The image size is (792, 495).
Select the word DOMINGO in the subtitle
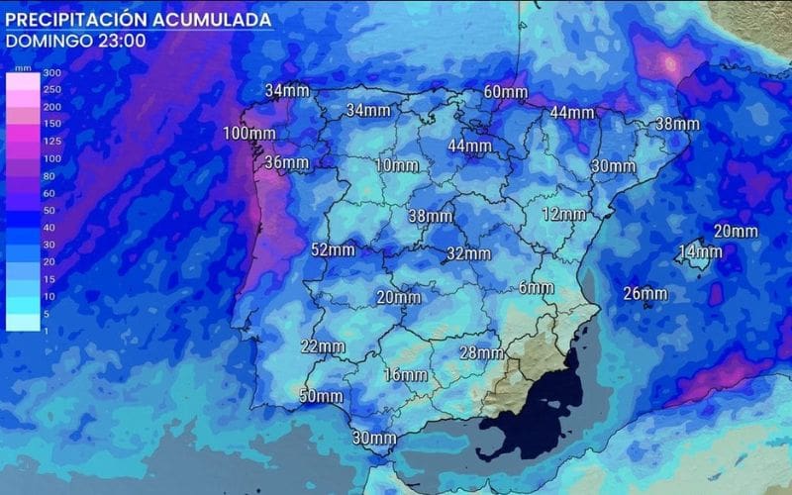click(46, 41)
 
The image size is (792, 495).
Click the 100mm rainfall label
click(248, 134)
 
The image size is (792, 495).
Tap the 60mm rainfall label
click(505, 92)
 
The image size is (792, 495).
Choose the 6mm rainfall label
click(536, 288)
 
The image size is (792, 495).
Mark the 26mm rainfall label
click(645, 293)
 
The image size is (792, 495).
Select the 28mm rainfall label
click(482, 352)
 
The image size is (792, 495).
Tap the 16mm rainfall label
click(406, 374)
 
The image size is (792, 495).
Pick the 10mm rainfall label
click(397, 164)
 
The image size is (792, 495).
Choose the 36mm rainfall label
click(287, 162)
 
